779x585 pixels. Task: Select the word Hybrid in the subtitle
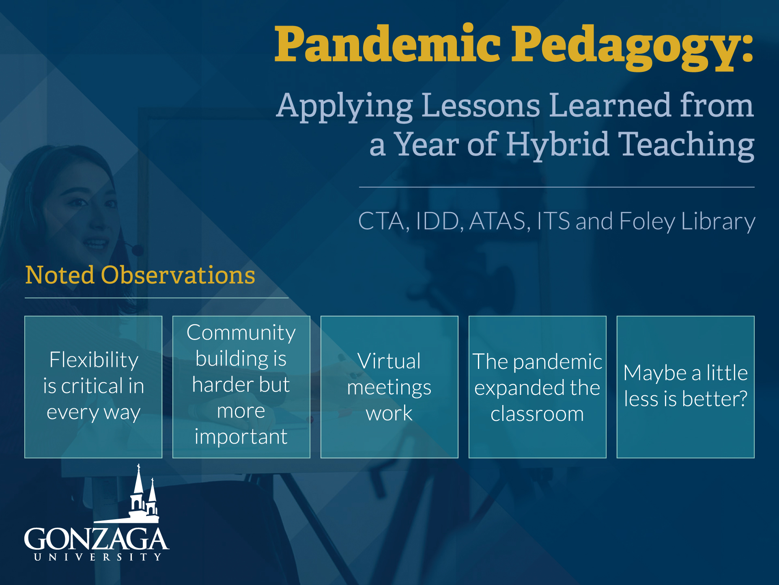[x=557, y=145]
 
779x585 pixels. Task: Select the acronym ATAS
[x=497, y=221]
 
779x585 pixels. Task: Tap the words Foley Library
[x=687, y=222]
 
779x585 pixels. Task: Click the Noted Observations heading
[x=140, y=275]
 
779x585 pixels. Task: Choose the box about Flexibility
[x=93, y=387]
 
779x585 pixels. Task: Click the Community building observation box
[x=241, y=387]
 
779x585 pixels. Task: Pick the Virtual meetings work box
[x=389, y=387]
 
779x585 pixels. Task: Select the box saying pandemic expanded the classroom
[x=538, y=387]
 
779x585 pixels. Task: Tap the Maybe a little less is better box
[x=686, y=387]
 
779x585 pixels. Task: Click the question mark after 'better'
[x=743, y=398]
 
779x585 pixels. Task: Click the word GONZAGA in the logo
[x=97, y=539]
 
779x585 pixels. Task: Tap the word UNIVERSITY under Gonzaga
[x=98, y=557]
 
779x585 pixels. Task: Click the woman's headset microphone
[x=137, y=249]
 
